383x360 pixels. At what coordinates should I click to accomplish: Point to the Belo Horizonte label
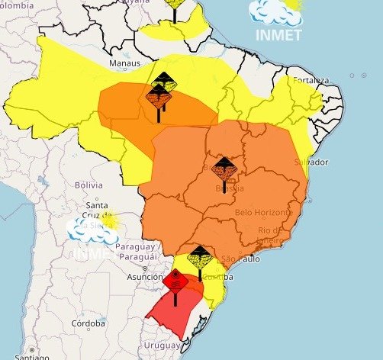pyautogui.click(x=264, y=211)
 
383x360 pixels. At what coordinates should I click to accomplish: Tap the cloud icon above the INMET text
pyautogui.click(x=276, y=11)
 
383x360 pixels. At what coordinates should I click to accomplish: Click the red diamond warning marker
pyautogui.click(x=175, y=282)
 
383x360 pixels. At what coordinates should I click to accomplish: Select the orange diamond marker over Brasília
pyautogui.click(x=224, y=168)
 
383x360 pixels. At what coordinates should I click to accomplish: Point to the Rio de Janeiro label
pyautogui.click(x=269, y=236)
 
